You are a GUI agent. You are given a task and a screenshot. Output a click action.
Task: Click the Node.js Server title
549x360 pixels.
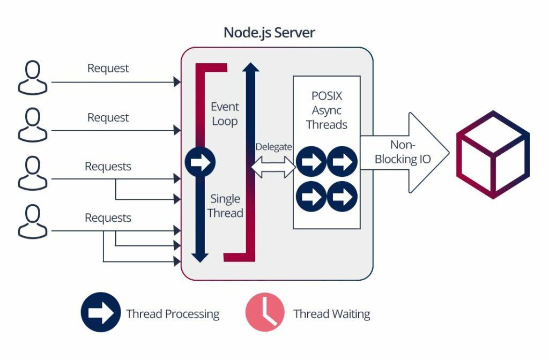point(269,32)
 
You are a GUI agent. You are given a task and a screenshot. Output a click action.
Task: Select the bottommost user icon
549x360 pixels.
point(33,223)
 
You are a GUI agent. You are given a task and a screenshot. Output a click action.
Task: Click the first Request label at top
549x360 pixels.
point(108,68)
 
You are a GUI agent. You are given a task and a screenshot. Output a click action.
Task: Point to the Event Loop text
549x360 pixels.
point(224,114)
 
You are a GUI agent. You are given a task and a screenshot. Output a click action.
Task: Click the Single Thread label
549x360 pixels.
point(225,206)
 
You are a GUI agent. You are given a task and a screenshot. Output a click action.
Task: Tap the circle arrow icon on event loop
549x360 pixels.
point(200,162)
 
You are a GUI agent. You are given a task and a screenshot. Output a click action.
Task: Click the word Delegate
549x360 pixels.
point(273,147)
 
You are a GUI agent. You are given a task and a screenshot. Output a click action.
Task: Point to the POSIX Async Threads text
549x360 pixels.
point(326,110)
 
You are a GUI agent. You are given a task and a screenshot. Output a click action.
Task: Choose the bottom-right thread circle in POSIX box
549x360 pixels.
point(342,196)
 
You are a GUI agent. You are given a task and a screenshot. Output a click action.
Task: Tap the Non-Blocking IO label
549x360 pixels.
point(403,152)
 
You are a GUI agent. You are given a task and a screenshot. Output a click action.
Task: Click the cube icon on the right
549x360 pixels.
point(493,155)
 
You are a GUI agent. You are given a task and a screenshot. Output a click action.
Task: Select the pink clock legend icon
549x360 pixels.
point(265,313)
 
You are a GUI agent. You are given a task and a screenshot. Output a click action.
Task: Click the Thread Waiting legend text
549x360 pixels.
point(331,314)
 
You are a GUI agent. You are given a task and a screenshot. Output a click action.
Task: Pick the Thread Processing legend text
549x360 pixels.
point(173,314)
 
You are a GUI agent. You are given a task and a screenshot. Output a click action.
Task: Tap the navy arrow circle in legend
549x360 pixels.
point(100,313)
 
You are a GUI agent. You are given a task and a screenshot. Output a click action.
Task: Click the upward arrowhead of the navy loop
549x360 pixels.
point(251,66)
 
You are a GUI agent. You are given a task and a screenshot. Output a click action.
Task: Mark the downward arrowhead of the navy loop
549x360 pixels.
point(199,257)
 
